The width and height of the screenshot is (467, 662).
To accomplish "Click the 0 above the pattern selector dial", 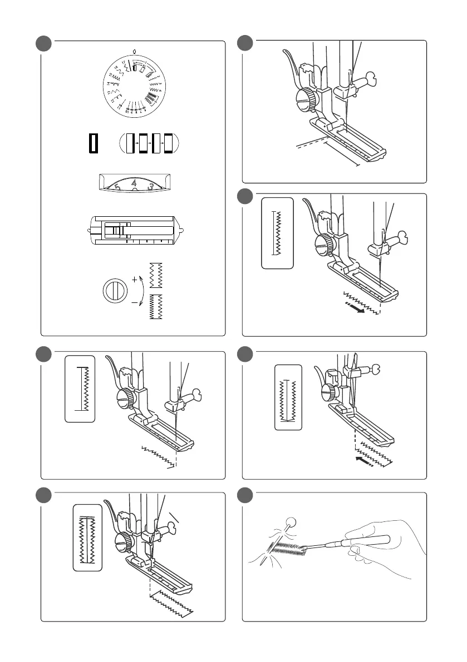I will [134, 49].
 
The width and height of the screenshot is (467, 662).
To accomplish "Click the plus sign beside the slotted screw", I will [135, 280].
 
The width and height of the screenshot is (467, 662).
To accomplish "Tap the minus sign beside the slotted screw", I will [135, 303].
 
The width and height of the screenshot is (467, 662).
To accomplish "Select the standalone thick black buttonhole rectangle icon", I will [93, 143].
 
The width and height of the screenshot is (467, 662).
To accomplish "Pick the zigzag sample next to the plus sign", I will [155, 275].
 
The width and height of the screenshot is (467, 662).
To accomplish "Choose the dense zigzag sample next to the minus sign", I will [155, 307].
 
